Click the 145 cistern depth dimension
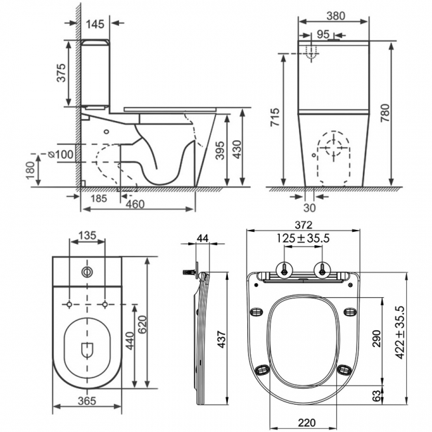pyautogui.click(x=96, y=25)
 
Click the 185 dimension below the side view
pyautogui.click(x=100, y=197)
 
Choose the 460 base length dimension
pyautogui.click(x=136, y=205)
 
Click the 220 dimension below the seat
pyautogui.click(x=306, y=421)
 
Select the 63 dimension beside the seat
pyautogui.click(x=376, y=397)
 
